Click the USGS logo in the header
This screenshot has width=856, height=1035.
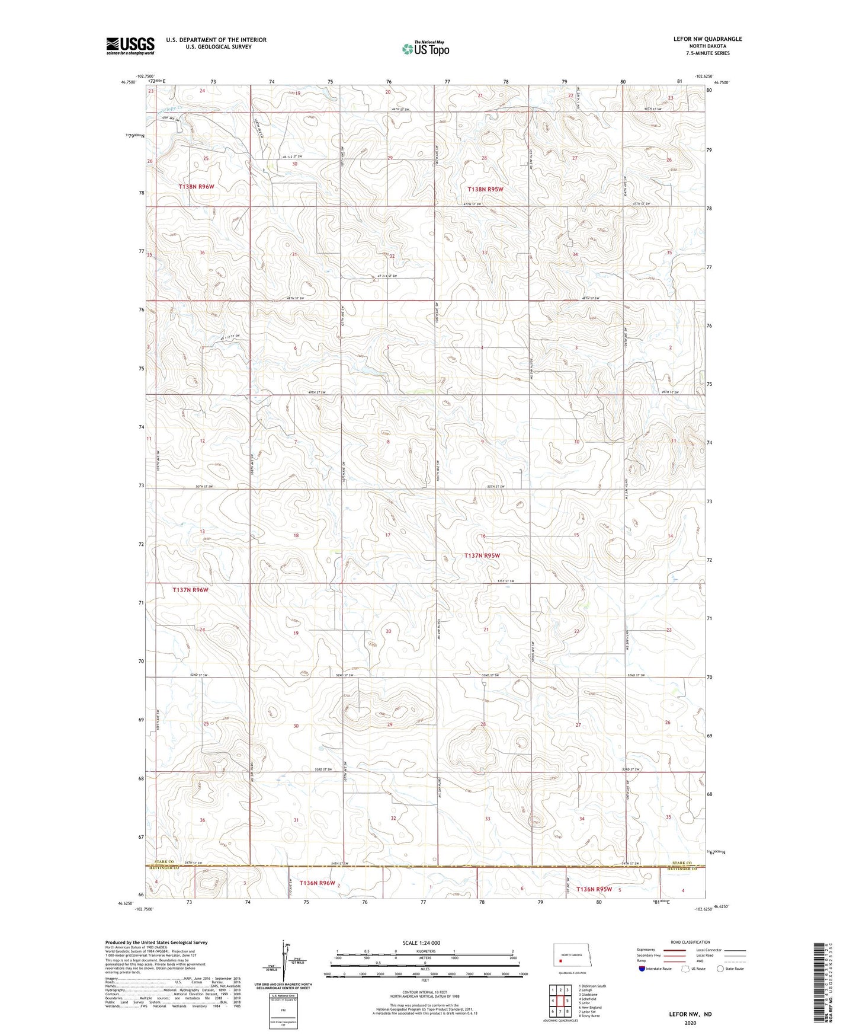(130, 46)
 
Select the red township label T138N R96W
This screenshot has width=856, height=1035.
(196, 186)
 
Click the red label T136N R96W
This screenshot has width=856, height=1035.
(317, 883)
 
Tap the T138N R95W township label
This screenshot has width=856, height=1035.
(485, 189)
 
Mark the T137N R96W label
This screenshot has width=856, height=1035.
(190, 590)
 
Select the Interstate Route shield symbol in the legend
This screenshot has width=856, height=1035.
(643, 969)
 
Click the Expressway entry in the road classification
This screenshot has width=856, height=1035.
(646, 950)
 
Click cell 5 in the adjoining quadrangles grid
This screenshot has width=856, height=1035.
(567, 1001)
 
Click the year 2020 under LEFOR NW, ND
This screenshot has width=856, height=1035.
(690, 1023)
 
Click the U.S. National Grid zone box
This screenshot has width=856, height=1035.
(283, 1011)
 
